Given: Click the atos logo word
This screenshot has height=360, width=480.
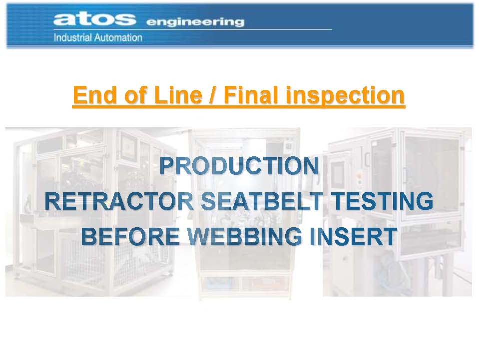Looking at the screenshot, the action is pyautogui.click(x=94, y=19).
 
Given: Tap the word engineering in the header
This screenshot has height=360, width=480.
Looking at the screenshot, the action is pyautogui.click(x=195, y=22).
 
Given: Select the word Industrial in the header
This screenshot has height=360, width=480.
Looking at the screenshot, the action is pyautogui.click(x=73, y=37).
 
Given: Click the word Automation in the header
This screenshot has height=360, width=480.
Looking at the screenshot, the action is pyautogui.click(x=118, y=37).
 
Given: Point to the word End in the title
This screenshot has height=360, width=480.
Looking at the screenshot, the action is pyautogui.click(x=96, y=95).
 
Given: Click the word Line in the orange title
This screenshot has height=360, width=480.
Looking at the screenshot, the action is pyautogui.click(x=178, y=95).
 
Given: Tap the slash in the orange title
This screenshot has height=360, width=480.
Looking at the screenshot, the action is pyautogui.click(x=212, y=95).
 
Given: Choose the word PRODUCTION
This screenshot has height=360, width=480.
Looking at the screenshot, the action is pyautogui.click(x=239, y=166).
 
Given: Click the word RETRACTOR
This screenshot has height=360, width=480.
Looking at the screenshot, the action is pyautogui.click(x=119, y=201).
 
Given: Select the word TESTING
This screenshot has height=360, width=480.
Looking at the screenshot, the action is pyautogui.click(x=383, y=201).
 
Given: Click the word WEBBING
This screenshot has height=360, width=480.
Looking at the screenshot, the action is pyautogui.click(x=245, y=236).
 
